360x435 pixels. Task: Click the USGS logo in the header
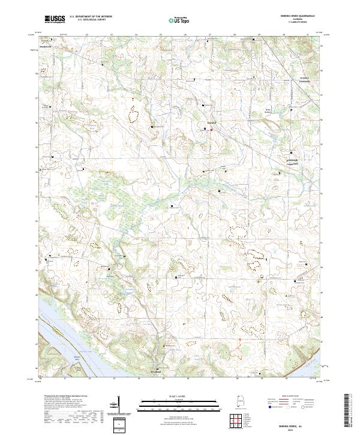click(x=54, y=19)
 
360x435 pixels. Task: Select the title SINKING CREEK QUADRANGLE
click(x=294, y=16)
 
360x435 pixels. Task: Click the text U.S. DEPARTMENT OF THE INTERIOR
click(x=91, y=17)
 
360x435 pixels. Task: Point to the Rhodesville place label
click(x=46, y=46)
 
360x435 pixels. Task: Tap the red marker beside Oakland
click(x=211, y=127)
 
